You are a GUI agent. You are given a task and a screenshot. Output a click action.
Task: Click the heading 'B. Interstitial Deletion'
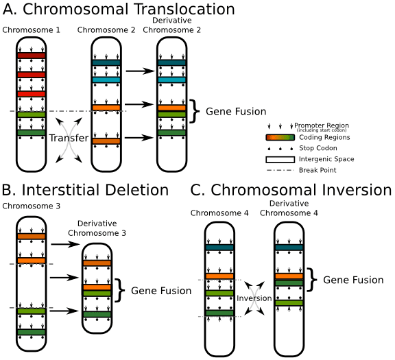85,189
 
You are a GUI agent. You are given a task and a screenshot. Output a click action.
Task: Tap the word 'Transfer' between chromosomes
69,139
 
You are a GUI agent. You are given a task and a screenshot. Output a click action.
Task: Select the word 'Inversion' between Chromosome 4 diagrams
254,299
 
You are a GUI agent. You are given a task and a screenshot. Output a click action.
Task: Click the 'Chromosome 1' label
30,31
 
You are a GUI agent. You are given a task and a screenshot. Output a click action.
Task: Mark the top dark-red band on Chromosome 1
30,56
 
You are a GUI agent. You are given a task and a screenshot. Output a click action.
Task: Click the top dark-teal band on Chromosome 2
106,63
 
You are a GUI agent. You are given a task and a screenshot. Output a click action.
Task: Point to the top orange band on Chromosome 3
30,236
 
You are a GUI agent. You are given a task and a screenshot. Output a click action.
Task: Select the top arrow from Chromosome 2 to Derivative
141,71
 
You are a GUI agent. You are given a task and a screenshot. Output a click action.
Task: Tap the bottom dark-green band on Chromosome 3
30,332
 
